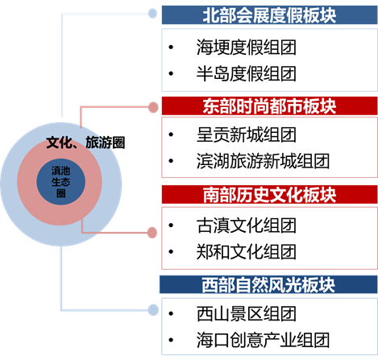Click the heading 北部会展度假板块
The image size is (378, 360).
tap(269, 15)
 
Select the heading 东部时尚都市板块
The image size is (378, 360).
tap(269, 106)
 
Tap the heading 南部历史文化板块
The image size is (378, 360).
tap(269, 195)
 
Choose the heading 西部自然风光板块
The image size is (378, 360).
tap(268, 285)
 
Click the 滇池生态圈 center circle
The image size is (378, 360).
tap(60, 178)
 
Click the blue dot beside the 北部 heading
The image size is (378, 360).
tap(152, 13)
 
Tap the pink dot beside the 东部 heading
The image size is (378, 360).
tap(152, 106)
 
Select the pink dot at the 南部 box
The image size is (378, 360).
tap(152, 233)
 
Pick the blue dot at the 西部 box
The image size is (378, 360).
tap(152, 309)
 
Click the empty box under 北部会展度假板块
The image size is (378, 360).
tap(269, 60)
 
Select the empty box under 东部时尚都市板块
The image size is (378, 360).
tap(269, 147)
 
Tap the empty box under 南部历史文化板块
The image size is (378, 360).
tap(269, 237)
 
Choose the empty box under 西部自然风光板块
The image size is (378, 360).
tap(269, 326)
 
